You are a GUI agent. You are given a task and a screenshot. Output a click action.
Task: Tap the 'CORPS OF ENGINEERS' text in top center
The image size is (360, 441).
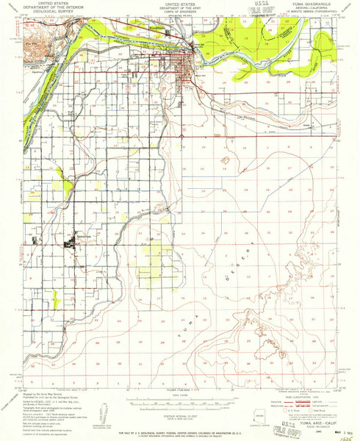click(x=179, y=12)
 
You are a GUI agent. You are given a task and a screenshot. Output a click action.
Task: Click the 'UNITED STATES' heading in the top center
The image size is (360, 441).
click(x=179, y=4)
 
